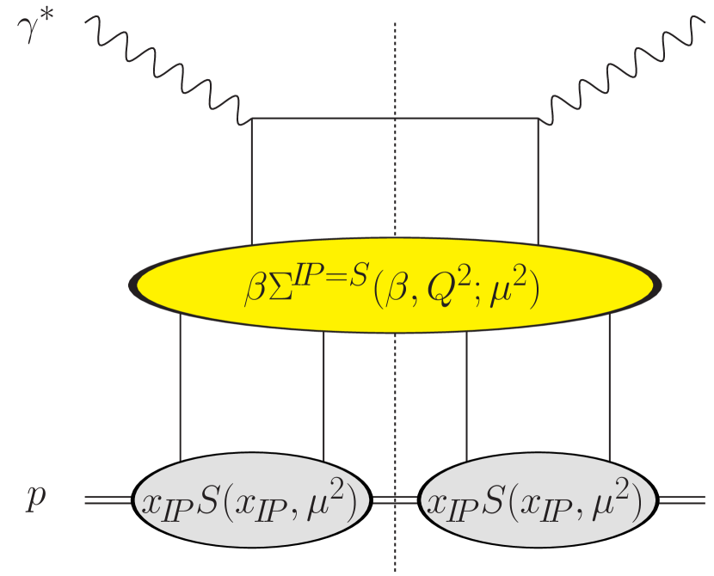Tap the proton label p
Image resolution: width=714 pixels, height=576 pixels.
point(34,499)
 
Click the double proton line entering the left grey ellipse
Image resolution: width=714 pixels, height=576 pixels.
point(108,499)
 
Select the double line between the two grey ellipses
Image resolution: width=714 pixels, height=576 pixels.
point(395,499)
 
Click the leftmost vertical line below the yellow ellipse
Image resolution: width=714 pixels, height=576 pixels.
point(180,387)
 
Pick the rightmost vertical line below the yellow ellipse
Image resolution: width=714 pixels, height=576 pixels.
point(609,387)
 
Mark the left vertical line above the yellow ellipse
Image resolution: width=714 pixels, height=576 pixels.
point(252,181)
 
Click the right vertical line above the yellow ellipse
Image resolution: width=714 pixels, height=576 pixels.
point(538,181)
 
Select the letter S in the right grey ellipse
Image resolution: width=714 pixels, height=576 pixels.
point(513,499)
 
